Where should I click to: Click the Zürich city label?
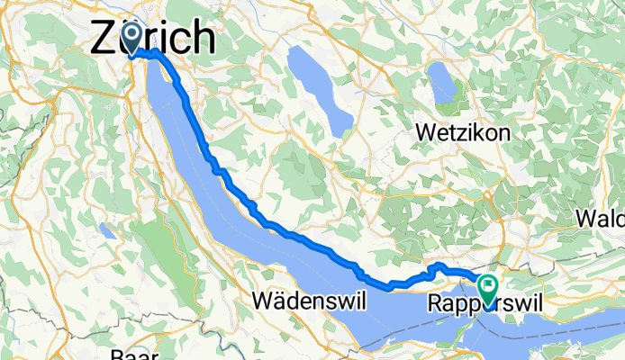155,38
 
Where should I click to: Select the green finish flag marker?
488,288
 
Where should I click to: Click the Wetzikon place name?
463,132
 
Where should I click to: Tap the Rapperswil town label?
486,302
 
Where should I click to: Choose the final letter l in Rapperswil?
540,302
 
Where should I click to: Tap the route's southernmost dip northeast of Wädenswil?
392,288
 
